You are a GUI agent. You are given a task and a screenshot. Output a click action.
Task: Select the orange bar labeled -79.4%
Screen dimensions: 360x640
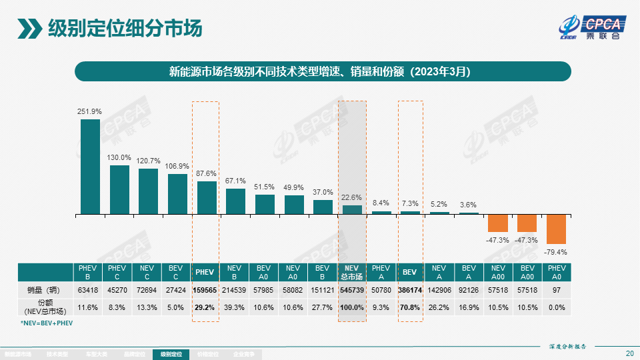click(557, 229)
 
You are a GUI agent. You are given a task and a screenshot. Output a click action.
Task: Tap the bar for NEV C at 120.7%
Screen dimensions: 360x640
click(149, 191)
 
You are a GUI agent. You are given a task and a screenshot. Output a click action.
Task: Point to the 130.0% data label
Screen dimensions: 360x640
click(119, 157)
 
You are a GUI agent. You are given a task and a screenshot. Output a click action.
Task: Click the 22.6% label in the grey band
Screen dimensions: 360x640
click(352, 197)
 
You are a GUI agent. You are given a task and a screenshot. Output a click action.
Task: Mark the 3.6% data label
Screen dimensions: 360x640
click(469, 205)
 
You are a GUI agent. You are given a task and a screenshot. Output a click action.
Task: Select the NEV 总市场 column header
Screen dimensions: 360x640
click(352, 272)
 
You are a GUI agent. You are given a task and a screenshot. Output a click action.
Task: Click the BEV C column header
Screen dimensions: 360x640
click(177, 272)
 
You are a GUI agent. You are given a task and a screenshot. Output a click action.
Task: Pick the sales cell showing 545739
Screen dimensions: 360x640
click(352, 291)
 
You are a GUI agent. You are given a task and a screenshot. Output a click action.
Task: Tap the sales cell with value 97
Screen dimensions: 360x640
click(557, 291)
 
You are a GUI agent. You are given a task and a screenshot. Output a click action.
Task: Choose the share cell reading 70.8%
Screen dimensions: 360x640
click(410, 307)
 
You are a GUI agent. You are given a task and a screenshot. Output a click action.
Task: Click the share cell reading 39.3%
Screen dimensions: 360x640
click(235, 307)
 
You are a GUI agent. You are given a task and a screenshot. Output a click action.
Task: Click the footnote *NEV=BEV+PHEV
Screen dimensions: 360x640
click(47, 323)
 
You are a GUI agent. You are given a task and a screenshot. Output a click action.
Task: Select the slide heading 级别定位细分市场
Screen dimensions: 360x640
click(125, 29)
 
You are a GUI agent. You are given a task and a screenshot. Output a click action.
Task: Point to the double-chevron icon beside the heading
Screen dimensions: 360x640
click(29, 29)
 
